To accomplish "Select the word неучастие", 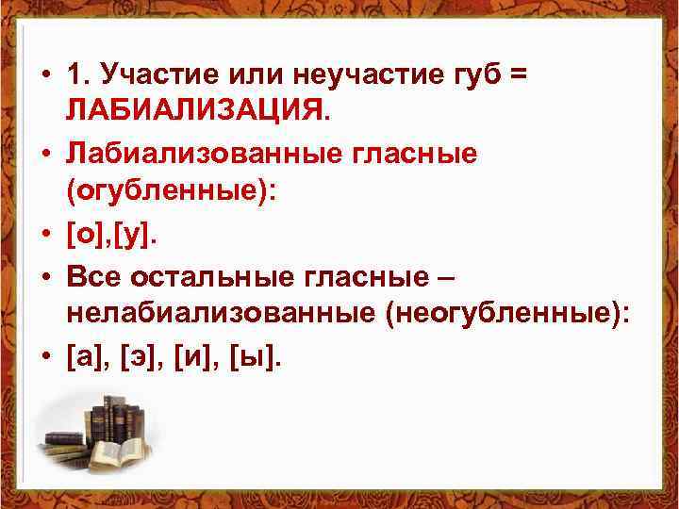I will pyautogui.click(x=350, y=73).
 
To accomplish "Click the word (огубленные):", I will pyautogui.click(x=169, y=190).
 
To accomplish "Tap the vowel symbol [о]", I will pyautogui.click(x=85, y=231).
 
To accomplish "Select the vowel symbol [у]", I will pyautogui.click(x=130, y=231).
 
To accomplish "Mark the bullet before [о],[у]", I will pyautogui.click(x=44, y=232).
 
